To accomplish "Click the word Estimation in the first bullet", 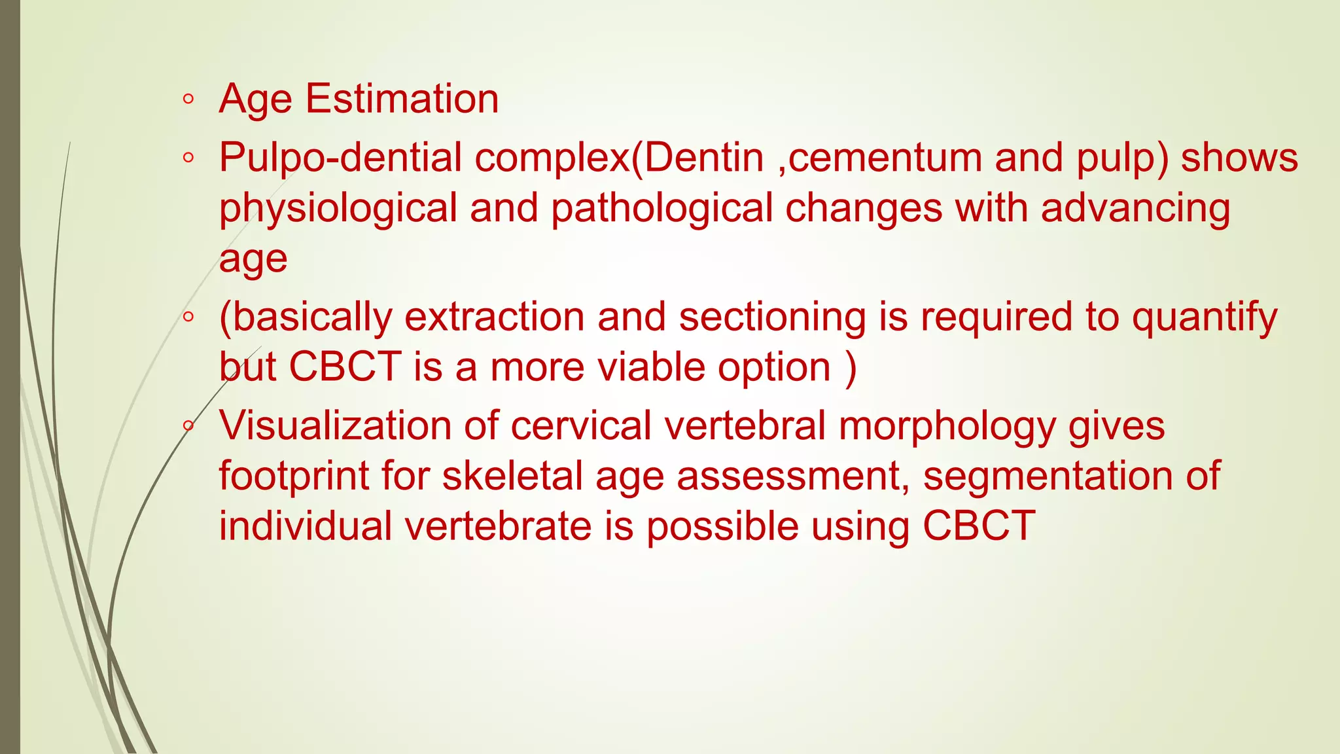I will [402, 99].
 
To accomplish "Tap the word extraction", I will [495, 317].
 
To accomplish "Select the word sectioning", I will [772, 317].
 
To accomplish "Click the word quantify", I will [1205, 317].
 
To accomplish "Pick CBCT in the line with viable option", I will [345, 367].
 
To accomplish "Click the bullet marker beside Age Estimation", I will [188, 99].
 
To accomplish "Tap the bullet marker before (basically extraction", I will [188, 317].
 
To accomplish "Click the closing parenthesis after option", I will [851, 367].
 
